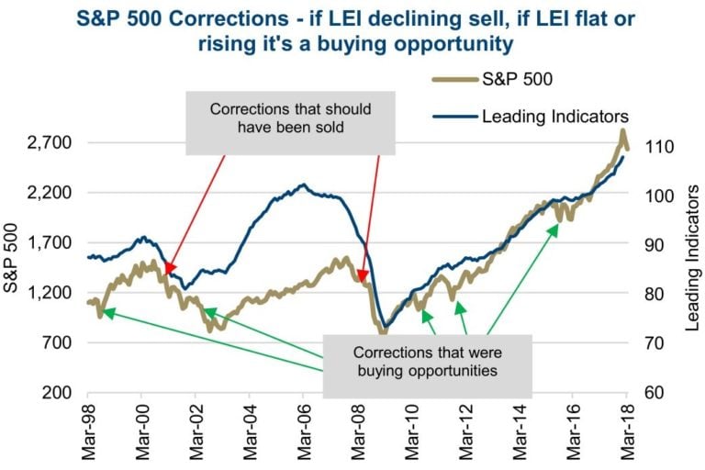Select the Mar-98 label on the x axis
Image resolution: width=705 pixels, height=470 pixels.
pos(89,431)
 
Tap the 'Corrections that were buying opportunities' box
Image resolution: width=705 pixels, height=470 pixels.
pos(427,361)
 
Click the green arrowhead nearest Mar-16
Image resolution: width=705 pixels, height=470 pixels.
pos(555,228)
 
